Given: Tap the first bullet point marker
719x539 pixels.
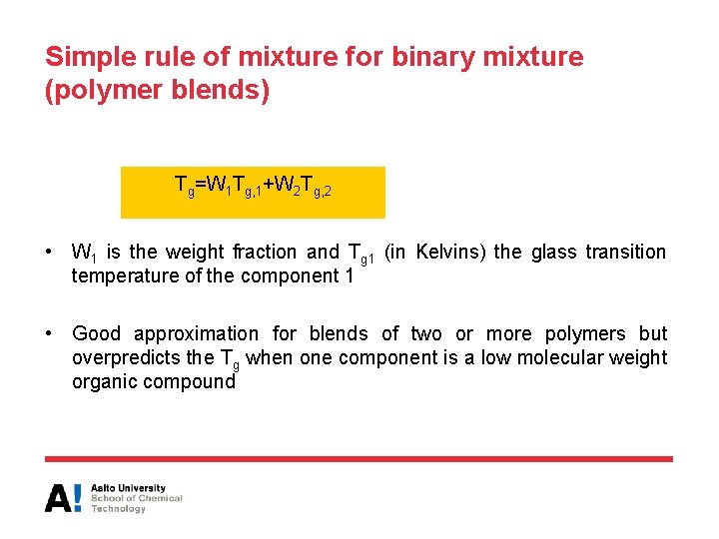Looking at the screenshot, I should click(49, 253).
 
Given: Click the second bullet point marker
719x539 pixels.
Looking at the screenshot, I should click(49, 334).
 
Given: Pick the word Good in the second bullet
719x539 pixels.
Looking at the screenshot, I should click(97, 334).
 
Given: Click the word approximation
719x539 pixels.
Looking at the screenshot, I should click(196, 334).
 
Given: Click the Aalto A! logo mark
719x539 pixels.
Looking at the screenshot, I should click(62, 497).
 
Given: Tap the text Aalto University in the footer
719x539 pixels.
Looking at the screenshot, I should click(128, 488).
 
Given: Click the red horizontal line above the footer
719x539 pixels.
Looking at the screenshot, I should click(359, 459).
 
